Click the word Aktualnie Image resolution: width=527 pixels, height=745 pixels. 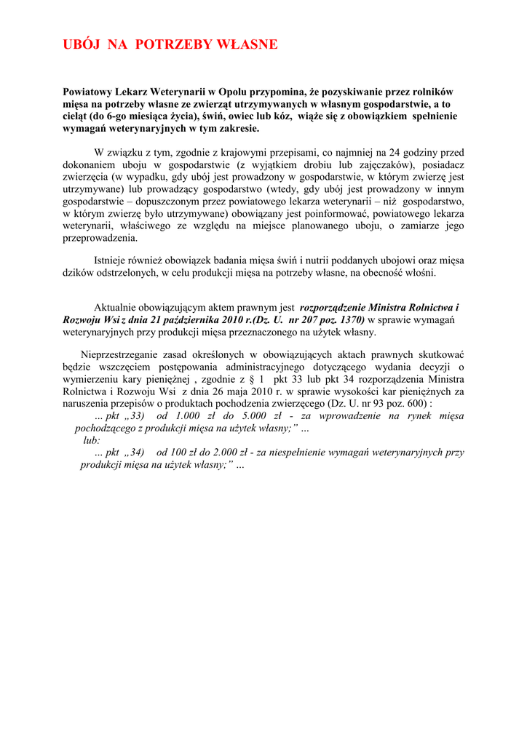[x=117, y=308]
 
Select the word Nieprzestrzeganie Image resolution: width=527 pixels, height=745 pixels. [x=123, y=355]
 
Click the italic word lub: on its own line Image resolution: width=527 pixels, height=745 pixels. [x=92, y=439]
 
